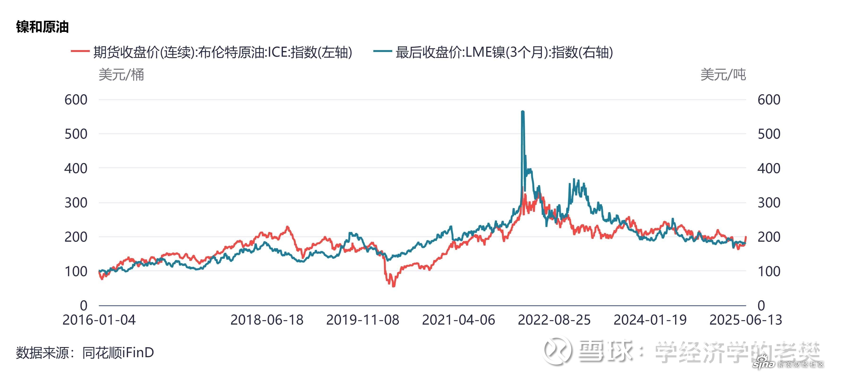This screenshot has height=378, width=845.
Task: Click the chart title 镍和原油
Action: [42, 27]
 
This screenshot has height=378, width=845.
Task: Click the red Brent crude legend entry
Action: [211, 52]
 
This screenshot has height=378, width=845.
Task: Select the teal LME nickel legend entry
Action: [493, 52]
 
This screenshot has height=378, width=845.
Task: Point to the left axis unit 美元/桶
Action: [121, 75]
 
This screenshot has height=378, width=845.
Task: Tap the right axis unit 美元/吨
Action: [723, 75]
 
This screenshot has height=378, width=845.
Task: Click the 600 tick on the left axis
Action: [76, 100]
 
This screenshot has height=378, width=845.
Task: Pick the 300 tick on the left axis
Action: [76, 203]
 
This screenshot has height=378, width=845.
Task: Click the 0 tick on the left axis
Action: [84, 305]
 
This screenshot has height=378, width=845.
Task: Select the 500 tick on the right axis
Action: [769, 134]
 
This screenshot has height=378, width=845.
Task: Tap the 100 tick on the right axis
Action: [769, 271]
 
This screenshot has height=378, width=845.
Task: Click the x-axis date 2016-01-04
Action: [99, 320]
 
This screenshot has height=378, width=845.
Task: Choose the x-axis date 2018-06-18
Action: [267, 320]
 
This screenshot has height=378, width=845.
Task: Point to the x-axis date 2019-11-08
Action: [362, 320]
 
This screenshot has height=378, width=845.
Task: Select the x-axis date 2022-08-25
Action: [554, 320]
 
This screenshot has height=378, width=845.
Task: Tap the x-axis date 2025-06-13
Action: [746, 320]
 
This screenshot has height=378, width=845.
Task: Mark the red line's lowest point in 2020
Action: [394, 286]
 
